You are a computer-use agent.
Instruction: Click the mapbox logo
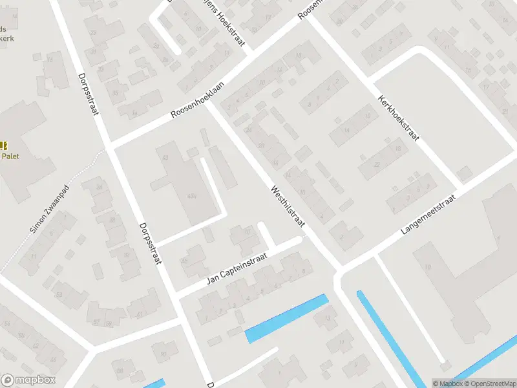tap(28, 380)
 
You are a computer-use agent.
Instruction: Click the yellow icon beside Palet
tap(3, 146)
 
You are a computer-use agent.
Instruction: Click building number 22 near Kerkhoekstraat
tap(376, 164)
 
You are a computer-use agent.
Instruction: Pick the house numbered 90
tap(164, 353)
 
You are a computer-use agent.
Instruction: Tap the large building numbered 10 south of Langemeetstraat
tap(427, 265)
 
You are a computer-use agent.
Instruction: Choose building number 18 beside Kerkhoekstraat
tap(398, 149)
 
